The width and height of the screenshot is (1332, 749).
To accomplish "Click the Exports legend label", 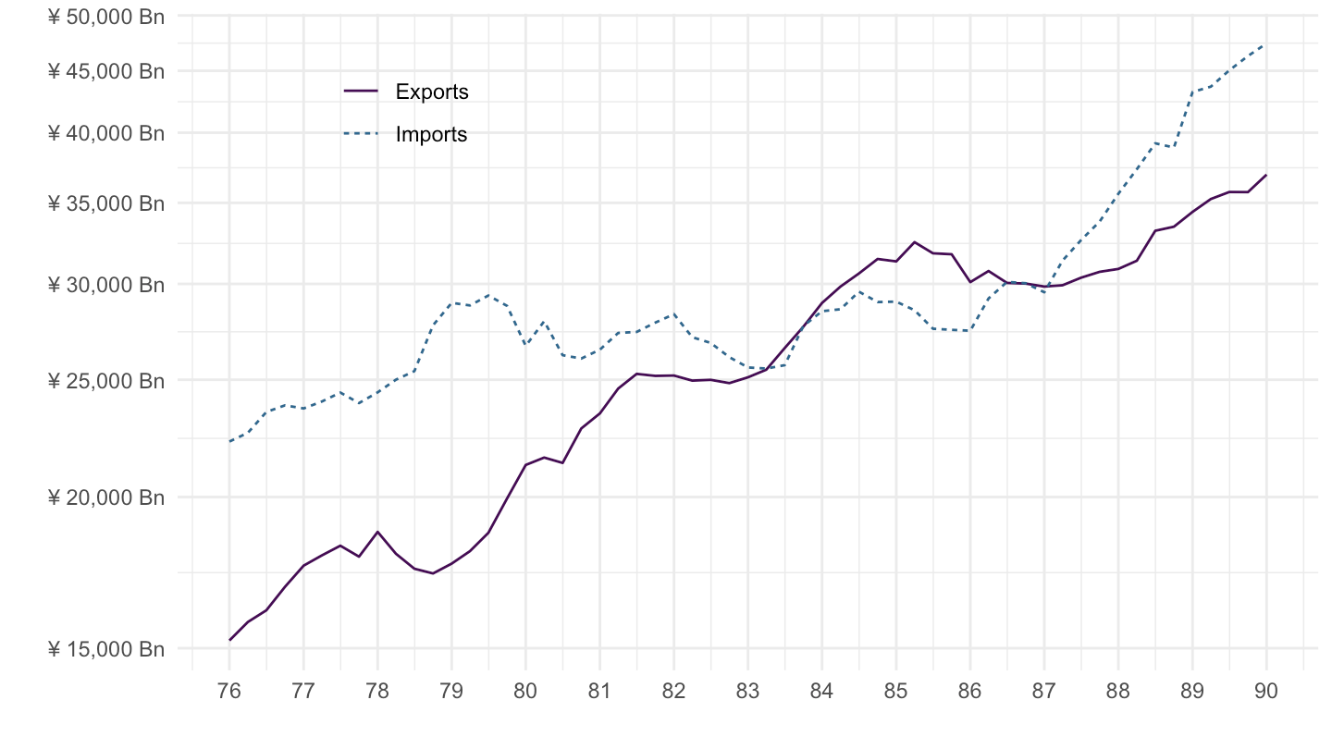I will (431, 92).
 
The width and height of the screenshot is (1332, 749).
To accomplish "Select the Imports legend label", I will (431, 134).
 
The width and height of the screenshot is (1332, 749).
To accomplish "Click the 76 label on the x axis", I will (229, 693).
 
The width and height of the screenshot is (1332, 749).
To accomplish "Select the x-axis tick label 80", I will (525, 693).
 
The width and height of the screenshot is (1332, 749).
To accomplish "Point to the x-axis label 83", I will (747, 693).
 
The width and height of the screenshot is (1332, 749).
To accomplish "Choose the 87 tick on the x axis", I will (1043, 693).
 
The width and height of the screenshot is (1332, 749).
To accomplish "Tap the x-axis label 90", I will (1266, 693).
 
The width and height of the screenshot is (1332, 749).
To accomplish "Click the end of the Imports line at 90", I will (1266, 43).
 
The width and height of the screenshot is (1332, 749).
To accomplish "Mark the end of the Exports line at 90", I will (1266, 175).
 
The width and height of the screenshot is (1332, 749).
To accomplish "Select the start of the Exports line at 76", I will (229, 640).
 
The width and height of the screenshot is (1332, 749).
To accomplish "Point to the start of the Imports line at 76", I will (229, 441).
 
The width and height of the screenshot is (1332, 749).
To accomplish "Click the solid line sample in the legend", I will (361, 91).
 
